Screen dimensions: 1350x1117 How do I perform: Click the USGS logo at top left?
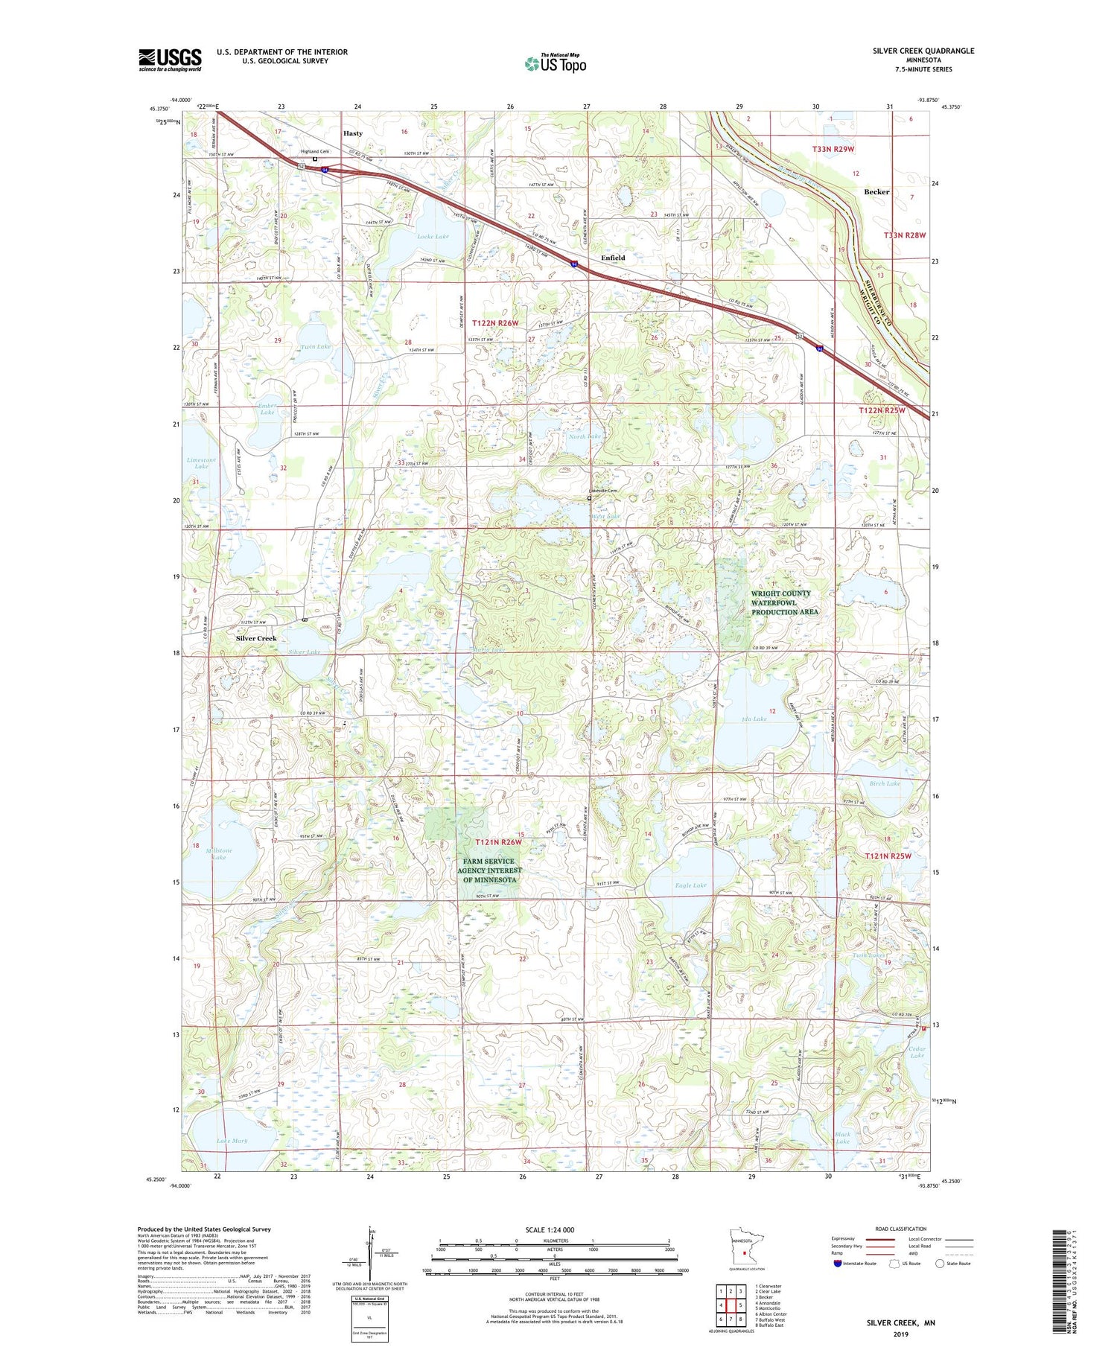click(170, 60)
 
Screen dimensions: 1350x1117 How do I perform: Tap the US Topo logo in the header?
click(555, 63)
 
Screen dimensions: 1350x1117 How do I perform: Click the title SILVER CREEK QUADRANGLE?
click(923, 51)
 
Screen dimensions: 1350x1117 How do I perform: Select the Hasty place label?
click(353, 133)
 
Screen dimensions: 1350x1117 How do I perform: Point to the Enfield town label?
click(613, 258)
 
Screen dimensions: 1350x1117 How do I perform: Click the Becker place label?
click(876, 191)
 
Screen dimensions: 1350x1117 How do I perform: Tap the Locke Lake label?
click(433, 236)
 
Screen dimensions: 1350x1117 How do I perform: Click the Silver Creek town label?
click(256, 638)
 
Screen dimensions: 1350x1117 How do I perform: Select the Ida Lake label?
click(754, 719)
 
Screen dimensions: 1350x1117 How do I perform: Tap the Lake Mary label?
click(232, 1140)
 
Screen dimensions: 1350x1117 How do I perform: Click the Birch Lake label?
click(885, 783)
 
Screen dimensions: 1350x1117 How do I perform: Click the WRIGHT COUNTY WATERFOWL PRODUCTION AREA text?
click(784, 602)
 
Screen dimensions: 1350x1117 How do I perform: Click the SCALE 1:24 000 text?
click(554, 1229)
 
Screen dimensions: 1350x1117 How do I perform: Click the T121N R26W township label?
click(499, 841)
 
